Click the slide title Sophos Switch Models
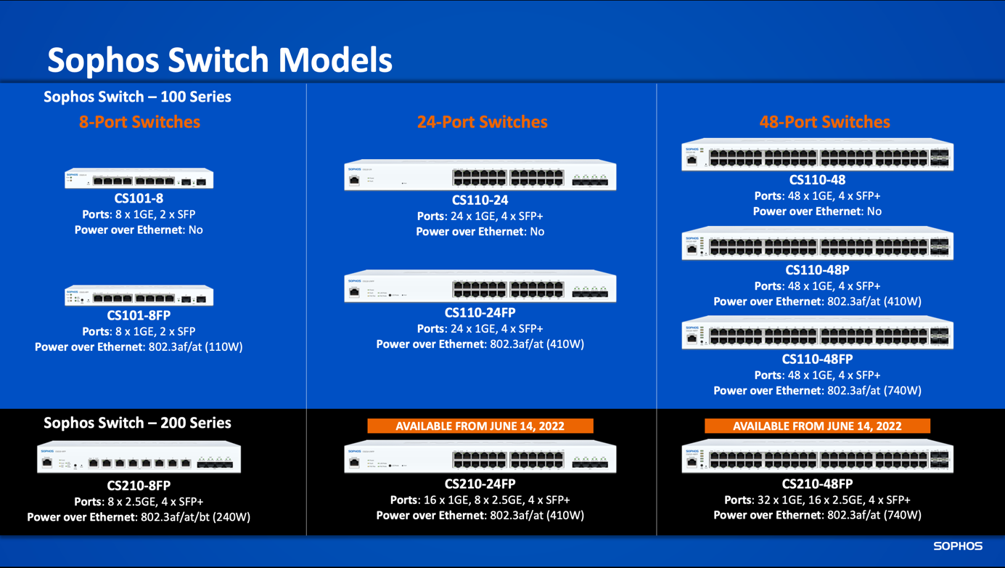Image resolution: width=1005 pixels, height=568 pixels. [x=220, y=60]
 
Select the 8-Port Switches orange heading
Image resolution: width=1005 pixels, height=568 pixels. [x=139, y=122]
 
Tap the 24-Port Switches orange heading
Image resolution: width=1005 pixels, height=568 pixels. [x=482, y=122]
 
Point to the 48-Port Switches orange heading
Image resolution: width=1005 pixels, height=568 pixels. [x=824, y=122]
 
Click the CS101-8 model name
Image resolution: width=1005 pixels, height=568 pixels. [x=139, y=198]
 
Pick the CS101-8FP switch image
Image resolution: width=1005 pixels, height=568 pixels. [x=139, y=296]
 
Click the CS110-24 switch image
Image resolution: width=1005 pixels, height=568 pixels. [x=480, y=176]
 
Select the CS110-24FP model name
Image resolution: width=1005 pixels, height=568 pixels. [x=480, y=313]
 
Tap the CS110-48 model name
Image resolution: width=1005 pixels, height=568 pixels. [x=817, y=180]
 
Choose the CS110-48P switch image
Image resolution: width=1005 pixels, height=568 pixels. [x=817, y=245]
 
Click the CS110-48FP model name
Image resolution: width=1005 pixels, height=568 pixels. [x=817, y=360]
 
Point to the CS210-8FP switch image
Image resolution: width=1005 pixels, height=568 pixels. [x=139, y=458]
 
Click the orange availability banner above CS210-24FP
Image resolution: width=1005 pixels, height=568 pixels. [x=480, y=426]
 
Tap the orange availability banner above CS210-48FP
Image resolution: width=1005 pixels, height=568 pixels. [x=817, y=426]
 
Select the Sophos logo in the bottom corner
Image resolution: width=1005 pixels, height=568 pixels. [x=957, y=546]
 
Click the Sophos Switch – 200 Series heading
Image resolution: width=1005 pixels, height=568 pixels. [x=137, y=423]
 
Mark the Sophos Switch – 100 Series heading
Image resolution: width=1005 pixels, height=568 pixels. [x=137, y=97]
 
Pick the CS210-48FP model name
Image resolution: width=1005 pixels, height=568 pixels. [x=817, y=484]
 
